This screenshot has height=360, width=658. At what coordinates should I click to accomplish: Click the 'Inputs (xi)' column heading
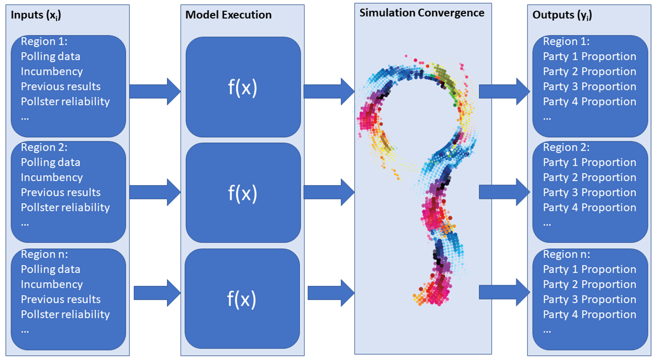click(x=36, y=15)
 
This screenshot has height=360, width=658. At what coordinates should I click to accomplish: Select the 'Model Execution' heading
click(x=228, y=15)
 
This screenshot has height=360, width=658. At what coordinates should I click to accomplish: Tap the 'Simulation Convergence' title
click(x=422, y=13)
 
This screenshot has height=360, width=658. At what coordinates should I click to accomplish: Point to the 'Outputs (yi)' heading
click(x=562, y=15)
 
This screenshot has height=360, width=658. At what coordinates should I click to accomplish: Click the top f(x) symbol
click(x=242, y=87)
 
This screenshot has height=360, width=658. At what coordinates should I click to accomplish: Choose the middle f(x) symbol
click(x=242, y=193)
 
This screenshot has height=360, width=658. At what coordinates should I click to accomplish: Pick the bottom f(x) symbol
click(x=242, y=299)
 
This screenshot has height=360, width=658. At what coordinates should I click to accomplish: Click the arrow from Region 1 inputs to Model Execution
click(x=155, y=92)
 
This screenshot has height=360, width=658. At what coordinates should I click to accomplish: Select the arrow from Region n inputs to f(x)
click(x=157, y=293)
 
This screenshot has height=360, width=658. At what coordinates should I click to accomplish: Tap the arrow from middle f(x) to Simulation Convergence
click(x=329, y=192)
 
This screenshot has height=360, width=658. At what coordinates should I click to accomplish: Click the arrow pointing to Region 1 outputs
click(x=504, y=92)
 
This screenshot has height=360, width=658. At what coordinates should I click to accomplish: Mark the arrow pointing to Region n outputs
click(x=504, y=292)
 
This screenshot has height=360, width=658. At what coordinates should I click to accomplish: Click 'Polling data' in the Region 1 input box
click(x=51, y=56)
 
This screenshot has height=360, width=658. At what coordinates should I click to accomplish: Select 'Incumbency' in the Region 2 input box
click(x=52, y=177)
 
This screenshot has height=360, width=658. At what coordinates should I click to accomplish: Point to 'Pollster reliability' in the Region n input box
click(x=65, y=314)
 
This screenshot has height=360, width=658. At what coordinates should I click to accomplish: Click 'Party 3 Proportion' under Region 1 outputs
click(x=589, y=86)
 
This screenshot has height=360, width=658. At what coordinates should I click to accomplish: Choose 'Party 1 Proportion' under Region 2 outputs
click(x=589, y=162)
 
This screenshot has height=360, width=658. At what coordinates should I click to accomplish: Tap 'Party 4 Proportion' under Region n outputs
click(x=589, y=314)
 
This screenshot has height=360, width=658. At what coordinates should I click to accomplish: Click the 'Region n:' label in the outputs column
click(x=566, y=254)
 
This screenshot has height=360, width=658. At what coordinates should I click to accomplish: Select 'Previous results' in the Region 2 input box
click(x=61, y=192)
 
